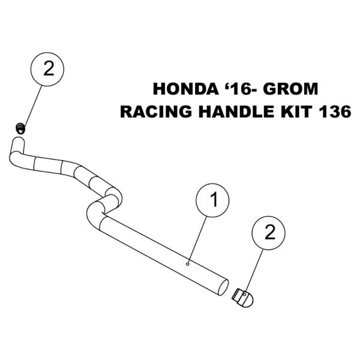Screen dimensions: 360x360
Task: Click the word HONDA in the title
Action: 186,89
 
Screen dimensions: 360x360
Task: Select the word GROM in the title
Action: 290,89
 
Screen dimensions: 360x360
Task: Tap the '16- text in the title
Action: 241,89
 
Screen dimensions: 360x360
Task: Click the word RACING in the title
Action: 156,112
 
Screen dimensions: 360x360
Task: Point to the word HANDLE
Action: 236,112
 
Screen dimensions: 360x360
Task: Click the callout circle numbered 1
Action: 212,200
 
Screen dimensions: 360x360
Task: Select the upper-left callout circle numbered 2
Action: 47,69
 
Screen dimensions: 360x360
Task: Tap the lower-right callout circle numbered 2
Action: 269,233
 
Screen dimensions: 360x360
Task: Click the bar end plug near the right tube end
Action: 243,298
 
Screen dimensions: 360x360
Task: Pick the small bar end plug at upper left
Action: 20,128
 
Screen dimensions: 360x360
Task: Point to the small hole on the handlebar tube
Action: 188,264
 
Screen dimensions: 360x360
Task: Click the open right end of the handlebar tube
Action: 223,287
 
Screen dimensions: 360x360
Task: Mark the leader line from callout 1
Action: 197,239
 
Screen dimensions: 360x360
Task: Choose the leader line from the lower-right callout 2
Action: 254,271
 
